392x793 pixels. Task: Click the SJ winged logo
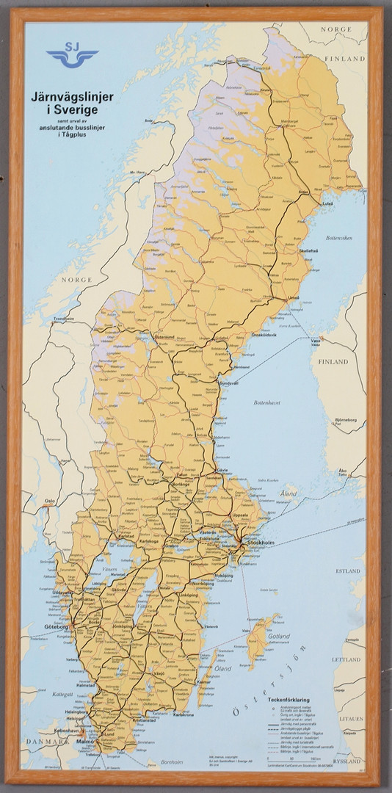[72, 57]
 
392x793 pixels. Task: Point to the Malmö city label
[86, 742]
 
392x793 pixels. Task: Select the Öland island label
[222, 668]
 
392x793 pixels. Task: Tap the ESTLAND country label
[347, 570]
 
